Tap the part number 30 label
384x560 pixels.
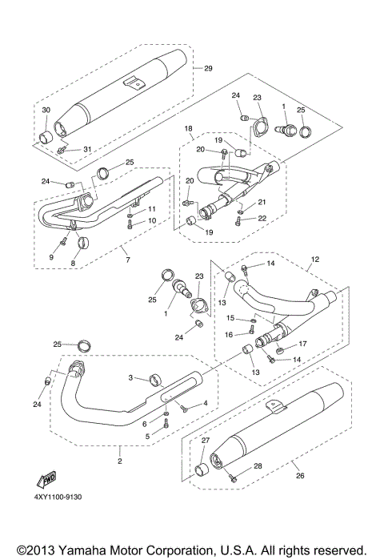[46, 110]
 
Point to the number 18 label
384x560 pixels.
[189, 128]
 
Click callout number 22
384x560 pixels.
[262, 219]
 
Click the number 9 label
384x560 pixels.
[50, 257]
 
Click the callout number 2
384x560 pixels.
[119, 461]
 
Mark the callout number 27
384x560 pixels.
[205, 441]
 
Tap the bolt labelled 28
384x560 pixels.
[234, 477]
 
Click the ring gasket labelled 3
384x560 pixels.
[158, 380]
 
